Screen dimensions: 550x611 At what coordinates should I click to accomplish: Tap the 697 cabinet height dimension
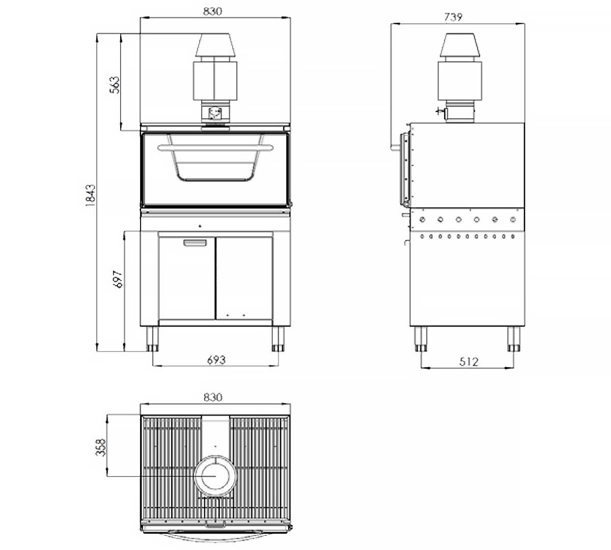pos(118,280)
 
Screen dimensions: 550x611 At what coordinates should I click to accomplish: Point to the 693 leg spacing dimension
pos(216,360)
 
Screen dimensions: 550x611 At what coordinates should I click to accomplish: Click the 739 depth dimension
pos(453,17)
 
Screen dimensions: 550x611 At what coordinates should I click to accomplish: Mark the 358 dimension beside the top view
pos(101,447)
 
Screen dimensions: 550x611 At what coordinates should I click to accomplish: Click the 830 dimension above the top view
pos(212,397)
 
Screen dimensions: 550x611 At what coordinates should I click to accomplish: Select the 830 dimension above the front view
pos(212,11)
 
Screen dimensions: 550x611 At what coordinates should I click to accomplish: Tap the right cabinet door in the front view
pos(243,278)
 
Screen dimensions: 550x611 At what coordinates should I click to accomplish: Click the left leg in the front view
pos(152,339)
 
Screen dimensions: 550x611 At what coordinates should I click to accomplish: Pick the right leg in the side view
pos(513,339)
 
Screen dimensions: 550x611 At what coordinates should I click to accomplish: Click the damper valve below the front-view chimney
pos(215,113)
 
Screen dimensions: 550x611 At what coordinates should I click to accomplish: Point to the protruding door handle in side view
pos(395,148)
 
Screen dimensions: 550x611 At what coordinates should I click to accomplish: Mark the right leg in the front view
pos(277,339)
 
